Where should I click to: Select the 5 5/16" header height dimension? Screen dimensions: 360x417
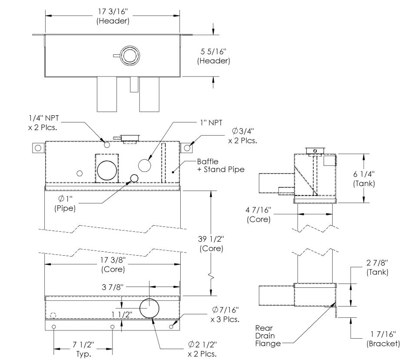click(x=213, y=56)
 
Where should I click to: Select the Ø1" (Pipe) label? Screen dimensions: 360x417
click(x=65, y=203)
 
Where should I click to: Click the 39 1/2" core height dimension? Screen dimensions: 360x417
click(x=211, y=244)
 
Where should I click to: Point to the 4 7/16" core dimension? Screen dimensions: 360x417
click(x=259, y=215)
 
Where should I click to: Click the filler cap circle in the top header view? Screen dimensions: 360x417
click(x=129, y=55)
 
